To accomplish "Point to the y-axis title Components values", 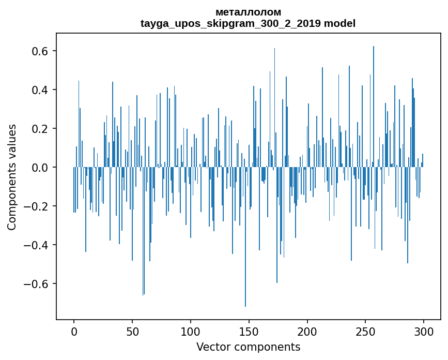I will click(x=12, y=177).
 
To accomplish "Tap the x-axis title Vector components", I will click(x=248, y=347).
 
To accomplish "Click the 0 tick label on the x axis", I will click(x=74, y=331).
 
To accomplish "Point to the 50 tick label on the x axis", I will click(x=132, y=331).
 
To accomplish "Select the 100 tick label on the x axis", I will click(x=191, y=331).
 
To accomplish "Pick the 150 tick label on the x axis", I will click(x=249, y=331).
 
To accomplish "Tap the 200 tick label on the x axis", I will click(x=307, y=331).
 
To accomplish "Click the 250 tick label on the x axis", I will click(x=365, y=331).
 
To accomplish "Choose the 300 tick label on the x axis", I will click(x=424, y=331).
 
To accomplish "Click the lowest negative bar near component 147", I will click(x=245, y=259).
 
